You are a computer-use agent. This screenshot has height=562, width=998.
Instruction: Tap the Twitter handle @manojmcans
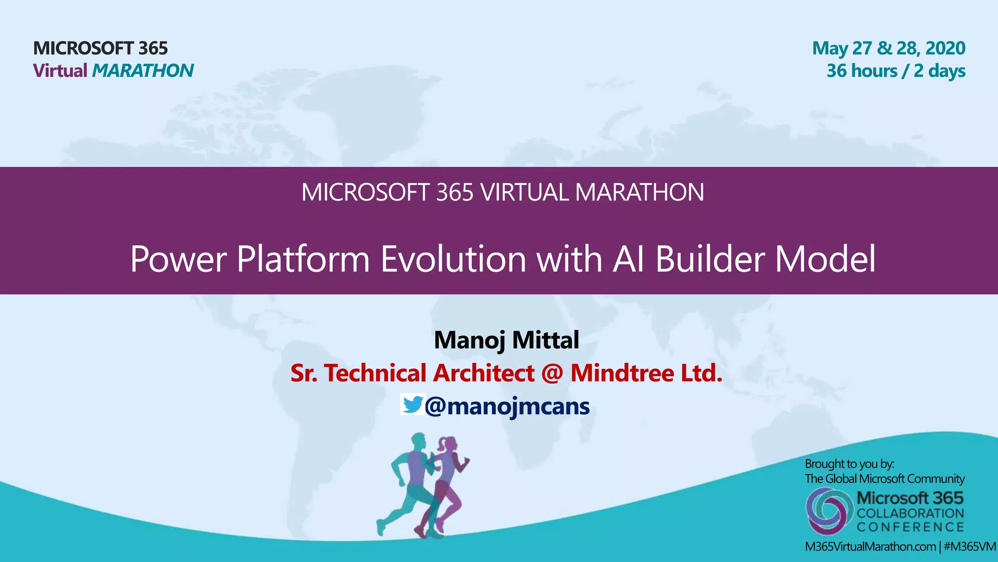click(507, 406)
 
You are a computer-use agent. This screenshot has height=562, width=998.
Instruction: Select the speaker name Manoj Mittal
click(506, 340)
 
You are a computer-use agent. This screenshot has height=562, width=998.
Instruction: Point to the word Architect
click(483, 373)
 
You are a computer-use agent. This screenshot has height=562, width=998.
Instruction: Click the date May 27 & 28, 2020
click(888, 48)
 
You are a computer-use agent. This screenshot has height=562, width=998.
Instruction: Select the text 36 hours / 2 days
click(896, 71)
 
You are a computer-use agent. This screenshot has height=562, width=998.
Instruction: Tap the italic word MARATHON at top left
click(143, 71)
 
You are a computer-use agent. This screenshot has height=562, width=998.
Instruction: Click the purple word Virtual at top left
click(60, 71)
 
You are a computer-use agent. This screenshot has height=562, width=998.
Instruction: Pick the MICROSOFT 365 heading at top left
click(100, 48)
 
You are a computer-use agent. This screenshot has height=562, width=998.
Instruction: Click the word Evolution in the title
click(453, 259)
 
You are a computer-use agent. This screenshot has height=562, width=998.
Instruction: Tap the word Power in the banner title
click(178, 259)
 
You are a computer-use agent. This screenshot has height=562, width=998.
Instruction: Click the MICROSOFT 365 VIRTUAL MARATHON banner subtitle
click(502, 192)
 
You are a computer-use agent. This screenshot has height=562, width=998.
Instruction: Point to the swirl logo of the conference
click(827, 510)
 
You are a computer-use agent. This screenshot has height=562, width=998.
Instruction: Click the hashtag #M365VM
click(969, 546)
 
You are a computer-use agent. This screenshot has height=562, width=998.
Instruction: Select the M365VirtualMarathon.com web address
click(870, 546)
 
